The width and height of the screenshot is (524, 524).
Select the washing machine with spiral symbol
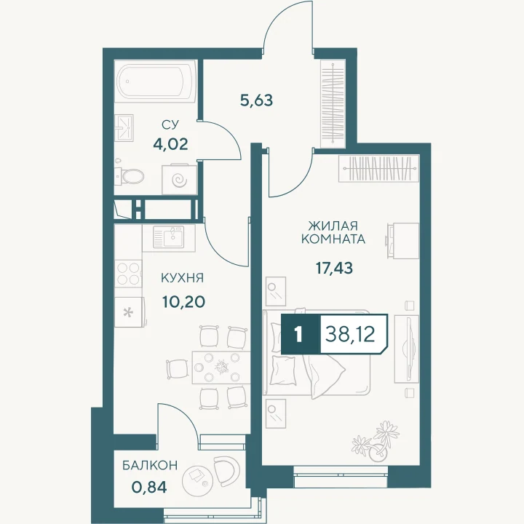(x=180, y=180)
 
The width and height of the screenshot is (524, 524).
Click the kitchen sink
(x=168, y=237)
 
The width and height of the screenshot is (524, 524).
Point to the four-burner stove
(x=128, y=274)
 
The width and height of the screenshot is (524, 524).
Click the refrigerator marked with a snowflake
(x=130, y=312)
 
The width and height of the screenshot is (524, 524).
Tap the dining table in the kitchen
(x=221, y=368)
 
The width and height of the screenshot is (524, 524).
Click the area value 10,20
(x=183, y=302)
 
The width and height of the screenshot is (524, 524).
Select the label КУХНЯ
(x=182, y=278)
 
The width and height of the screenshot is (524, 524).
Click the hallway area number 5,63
(x=257, y=100)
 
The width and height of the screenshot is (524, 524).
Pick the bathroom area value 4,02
(x=170, y=144)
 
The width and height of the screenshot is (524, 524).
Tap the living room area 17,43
(x=335, y=268)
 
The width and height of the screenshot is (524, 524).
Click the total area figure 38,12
(x=350, y=334)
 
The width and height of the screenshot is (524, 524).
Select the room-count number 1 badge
(x=299, y=334)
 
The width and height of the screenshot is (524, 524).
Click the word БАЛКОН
(x=150, y=466)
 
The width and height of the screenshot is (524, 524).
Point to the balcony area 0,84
(x=149, y=488)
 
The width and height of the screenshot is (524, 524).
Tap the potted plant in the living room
(x=377, y=442)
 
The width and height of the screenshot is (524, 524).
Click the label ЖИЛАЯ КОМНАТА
(x=333, y=233)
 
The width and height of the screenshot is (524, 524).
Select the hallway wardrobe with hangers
(x=333, y=103)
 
